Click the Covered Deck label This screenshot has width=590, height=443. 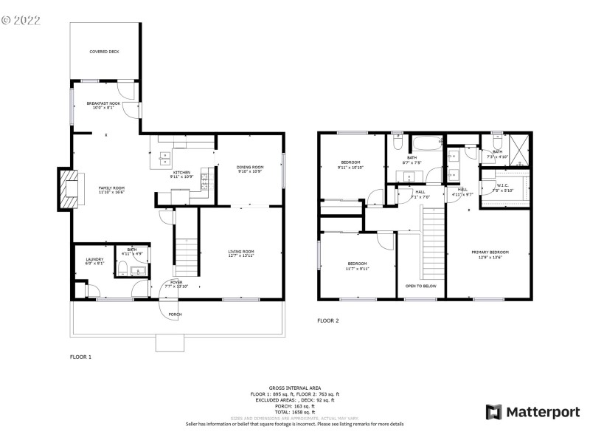(x=104, y=52)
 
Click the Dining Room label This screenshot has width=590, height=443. (x=249, y=169)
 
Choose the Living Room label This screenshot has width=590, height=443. (x=241, y=253)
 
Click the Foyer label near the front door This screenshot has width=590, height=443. (x=176, y=284)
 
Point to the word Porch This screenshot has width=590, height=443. (x=175, y=315)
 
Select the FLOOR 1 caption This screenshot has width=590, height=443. (x=80, y=357)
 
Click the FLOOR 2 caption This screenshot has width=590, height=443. (x=327, y=320)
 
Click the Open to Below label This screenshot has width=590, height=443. (x=420, y=286)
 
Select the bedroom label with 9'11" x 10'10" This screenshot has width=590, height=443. (x=350, y=164)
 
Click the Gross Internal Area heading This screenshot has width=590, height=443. (x=294, y=387)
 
